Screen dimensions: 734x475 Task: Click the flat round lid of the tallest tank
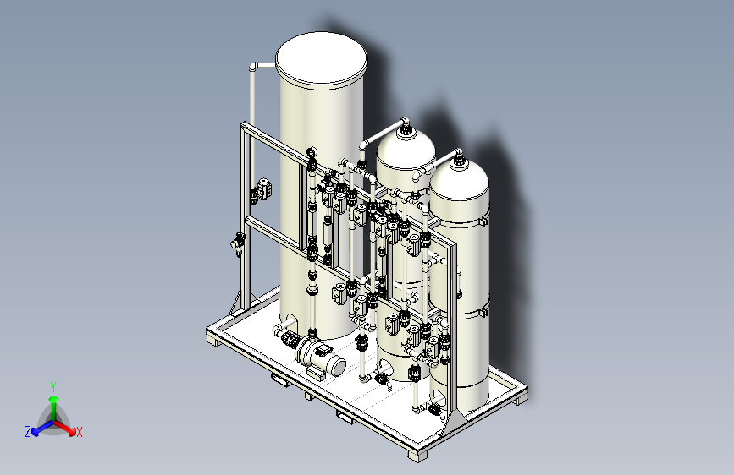(321, 60)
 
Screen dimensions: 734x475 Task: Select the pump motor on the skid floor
(321, 357)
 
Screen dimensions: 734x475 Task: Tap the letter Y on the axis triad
(53, 386)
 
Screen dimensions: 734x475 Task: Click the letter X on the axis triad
(79, 433)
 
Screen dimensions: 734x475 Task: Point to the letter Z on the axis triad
(28, 432)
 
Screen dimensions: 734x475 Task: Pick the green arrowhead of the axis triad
(54, 399)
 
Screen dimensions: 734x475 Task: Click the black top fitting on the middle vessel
(406, 130)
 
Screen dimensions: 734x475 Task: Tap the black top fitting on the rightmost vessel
(459, 161)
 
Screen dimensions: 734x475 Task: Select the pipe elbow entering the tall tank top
(254, 67)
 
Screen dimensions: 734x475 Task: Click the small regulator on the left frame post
(238, 243)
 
